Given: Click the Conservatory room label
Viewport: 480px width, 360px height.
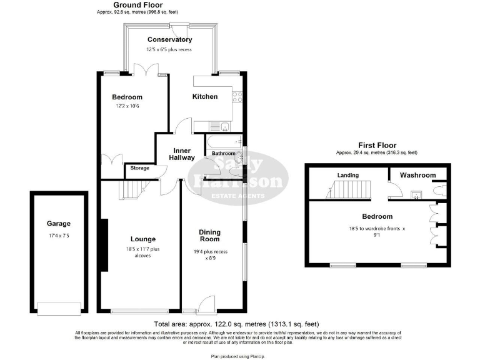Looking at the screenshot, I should coord(169,39).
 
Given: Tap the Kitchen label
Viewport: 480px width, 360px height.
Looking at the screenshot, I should coord(204,96).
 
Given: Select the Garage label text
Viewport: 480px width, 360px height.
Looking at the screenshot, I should coord(58,223).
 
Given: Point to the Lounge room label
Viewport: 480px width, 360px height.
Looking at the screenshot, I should coord(143,239).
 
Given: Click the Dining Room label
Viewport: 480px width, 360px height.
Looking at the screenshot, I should coord(209,236).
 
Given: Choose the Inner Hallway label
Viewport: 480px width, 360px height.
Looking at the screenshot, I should coord(182,154).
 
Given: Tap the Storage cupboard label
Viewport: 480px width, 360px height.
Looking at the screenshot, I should coord(140,168).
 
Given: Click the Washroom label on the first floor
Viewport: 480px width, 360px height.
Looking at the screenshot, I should coord(417,175).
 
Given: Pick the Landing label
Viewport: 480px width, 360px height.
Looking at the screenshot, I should coord(347,175).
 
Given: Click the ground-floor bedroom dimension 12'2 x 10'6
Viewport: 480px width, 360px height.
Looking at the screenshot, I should coord(126,106).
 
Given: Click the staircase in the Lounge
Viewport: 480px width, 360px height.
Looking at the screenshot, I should coord(134,187).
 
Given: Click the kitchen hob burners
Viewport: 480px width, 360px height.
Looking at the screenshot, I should coord(237,96).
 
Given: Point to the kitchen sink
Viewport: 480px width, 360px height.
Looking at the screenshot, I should coord(216,125).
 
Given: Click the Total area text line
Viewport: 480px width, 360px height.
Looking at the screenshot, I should coord(236,324).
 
